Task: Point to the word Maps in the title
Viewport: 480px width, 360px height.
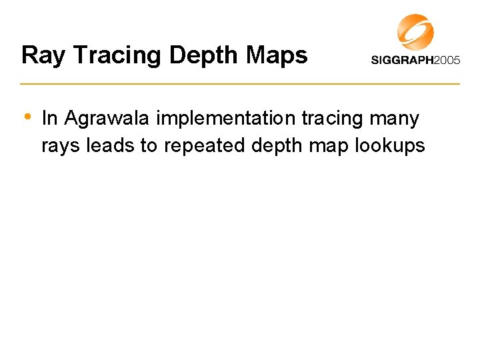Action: click(x=278, y=55)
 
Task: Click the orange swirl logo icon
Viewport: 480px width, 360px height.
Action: click(x=415, y=32)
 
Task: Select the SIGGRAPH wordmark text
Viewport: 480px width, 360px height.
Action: click(x=403, y=60)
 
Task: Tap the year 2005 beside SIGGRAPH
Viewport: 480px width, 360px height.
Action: click(x=447, y=60)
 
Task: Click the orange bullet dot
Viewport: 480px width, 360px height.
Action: click(x=27, y=116)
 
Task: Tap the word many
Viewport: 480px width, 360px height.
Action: click(x=396, y=119)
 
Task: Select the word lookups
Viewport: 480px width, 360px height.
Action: click(x=390, y=146)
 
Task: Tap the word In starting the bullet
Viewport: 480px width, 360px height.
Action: click(x=50, y=119)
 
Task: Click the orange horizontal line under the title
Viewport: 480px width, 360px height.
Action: click(x=240, y=84)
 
